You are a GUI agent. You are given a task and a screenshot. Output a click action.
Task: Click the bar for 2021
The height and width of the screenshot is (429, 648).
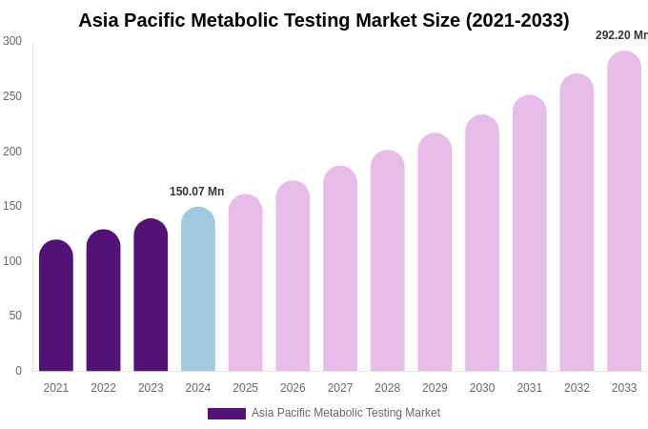56,306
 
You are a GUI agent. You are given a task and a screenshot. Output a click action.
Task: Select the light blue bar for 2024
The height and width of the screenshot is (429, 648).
198,290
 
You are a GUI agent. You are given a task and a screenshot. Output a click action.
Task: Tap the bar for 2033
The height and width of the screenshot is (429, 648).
624,212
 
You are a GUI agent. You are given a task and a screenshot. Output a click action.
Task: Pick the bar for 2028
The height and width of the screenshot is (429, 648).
388,261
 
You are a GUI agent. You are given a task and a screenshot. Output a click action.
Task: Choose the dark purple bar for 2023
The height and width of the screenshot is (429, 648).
151,296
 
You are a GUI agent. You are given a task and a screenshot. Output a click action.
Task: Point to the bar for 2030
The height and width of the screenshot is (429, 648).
482,244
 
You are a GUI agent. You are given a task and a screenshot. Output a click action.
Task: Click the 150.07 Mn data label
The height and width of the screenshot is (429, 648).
196,192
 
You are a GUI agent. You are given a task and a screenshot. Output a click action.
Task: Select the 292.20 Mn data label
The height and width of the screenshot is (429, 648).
621,35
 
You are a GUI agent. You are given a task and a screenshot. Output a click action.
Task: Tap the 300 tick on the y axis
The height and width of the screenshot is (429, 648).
12,41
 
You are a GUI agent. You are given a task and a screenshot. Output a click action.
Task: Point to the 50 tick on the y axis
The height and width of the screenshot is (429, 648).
15,316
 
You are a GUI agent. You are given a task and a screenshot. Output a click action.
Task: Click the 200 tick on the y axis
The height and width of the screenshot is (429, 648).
12,151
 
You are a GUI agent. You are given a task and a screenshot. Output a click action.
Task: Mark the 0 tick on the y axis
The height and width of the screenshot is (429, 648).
18,371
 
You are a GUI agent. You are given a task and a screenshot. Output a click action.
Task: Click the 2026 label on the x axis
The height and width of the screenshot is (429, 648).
293,388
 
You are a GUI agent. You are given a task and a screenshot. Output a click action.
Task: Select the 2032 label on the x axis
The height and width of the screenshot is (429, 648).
577,388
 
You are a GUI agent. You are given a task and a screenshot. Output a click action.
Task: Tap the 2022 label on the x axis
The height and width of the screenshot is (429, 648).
103,388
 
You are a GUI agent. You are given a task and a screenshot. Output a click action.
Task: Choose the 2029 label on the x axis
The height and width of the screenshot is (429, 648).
435,388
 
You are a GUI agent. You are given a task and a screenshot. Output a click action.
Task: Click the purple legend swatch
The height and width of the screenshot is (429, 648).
227,414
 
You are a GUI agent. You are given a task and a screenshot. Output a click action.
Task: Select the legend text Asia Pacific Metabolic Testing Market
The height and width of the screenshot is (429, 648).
346,413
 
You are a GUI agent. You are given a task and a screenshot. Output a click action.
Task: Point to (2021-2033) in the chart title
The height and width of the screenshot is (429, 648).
517,20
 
